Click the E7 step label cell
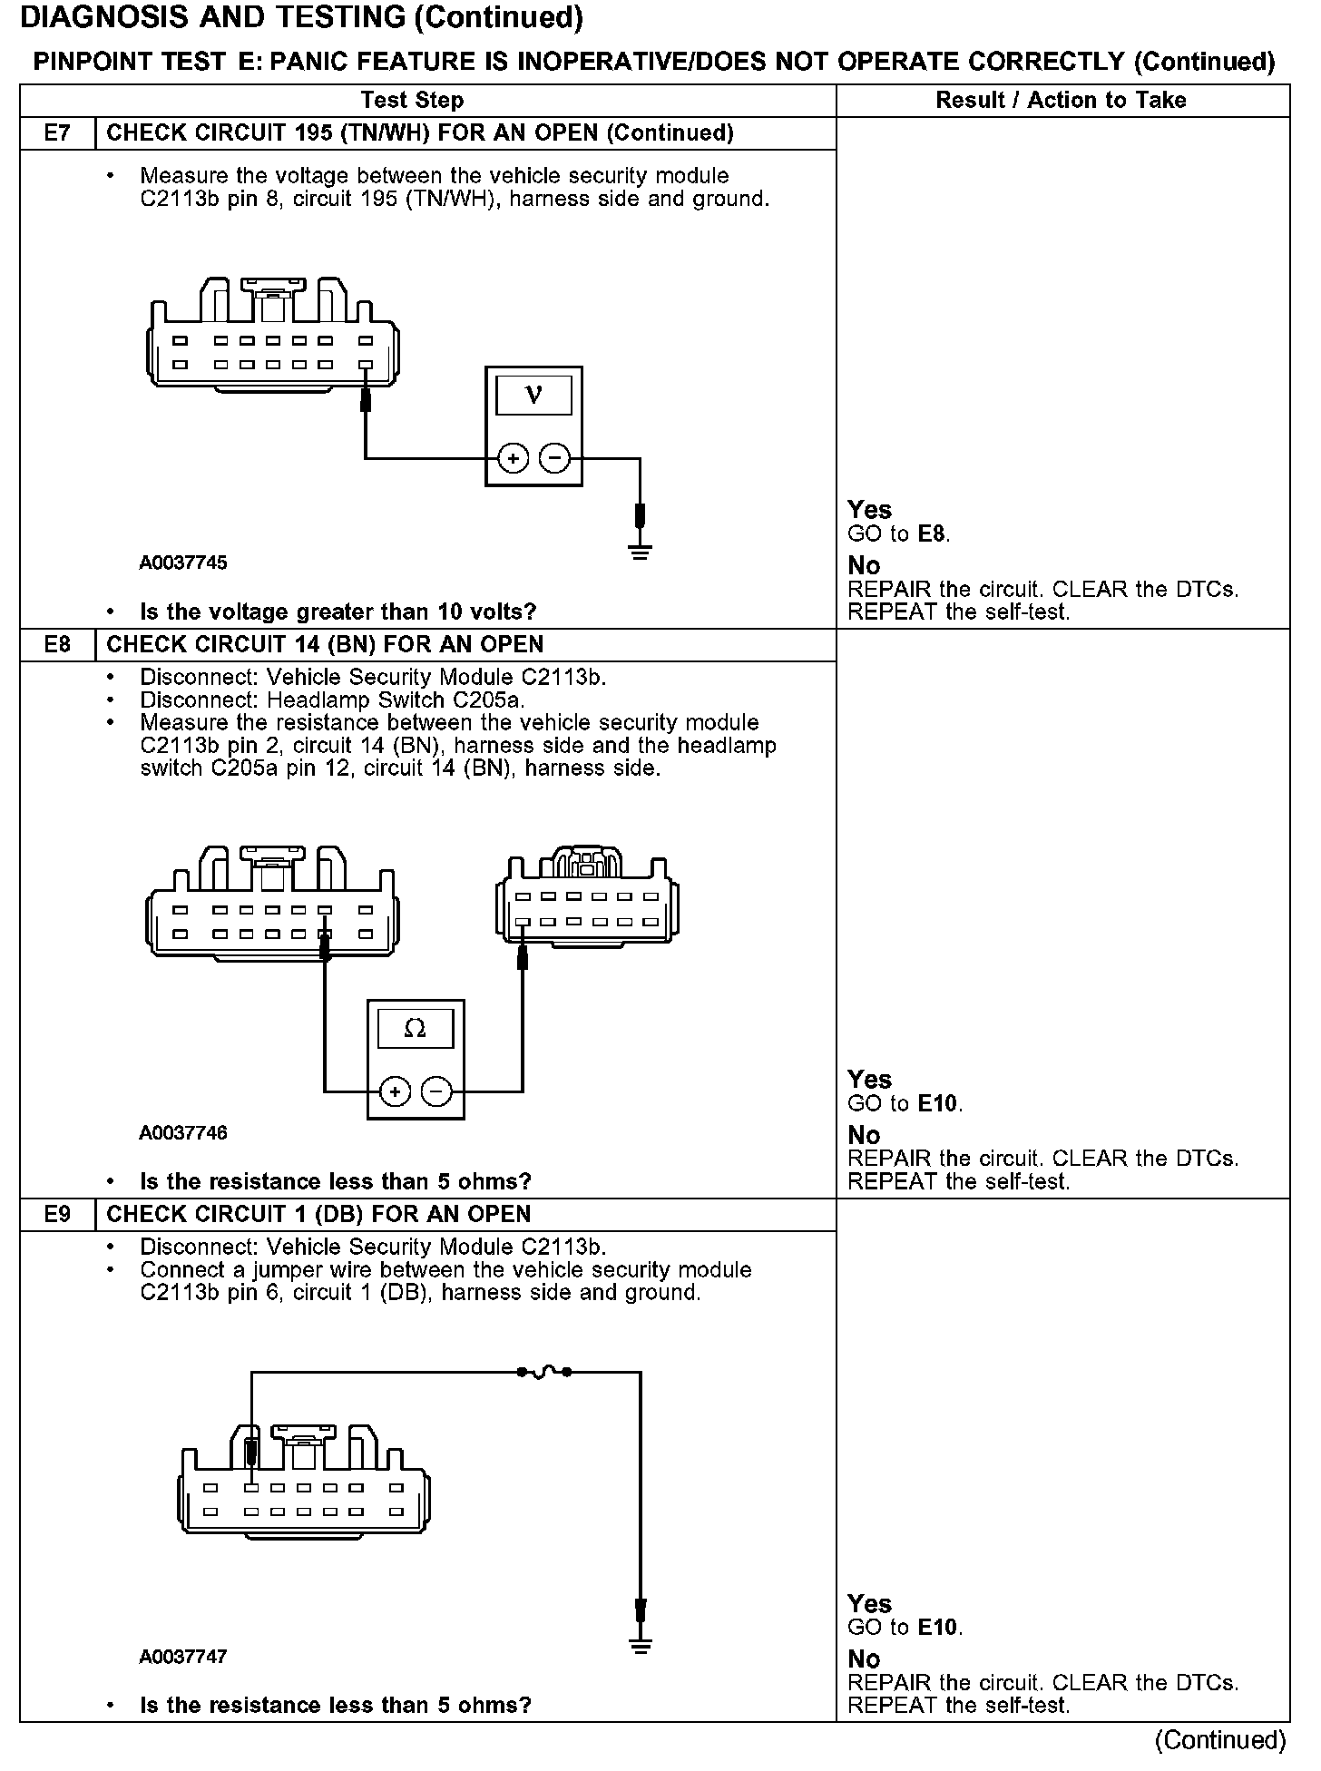point(57,133)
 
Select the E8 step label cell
point(57,645)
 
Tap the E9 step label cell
point(57,1215)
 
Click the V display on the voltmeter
point(533,396)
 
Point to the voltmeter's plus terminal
point(514,459)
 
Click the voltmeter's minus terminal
point(554,459)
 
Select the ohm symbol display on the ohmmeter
point(415,1029)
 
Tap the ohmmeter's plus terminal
point(395,1091)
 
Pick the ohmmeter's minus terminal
point(436,1091)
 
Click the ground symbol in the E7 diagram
point(640,551)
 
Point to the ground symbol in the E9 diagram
point(640,1647)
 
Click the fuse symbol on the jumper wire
point(543,1373)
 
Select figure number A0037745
point(183,563)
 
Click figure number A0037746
point(183,1133)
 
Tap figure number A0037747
point(183,1657)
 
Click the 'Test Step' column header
point(412,101)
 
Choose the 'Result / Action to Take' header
point(1061,101)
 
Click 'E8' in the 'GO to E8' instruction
point(933,534)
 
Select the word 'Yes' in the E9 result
point(869,1603)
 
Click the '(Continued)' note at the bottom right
point(1219,1739)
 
